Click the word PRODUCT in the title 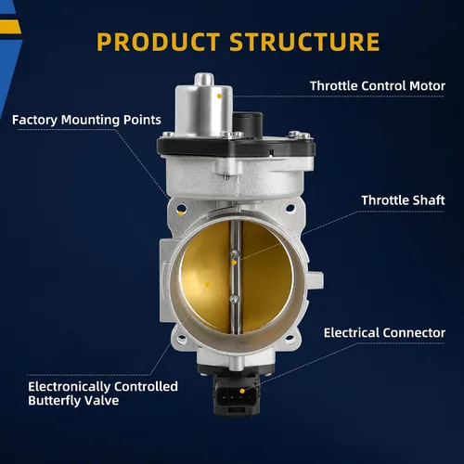point(158,42)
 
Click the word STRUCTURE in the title point(304,42)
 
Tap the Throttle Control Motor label point(378,86)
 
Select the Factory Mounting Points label point(86,120)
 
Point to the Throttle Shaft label point(403,200)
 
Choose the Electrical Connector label point(384,333)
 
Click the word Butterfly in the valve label point(55,401)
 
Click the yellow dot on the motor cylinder point(219,97)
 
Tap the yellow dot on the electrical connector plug point(242,392)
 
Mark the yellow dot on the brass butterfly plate point(208,284)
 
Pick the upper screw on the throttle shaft point(235,254)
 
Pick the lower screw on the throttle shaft point(234,299)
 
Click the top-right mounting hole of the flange point(290,208)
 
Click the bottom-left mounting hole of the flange point(182,338)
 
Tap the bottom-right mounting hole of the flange point(290,338)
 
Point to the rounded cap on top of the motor point(204,79)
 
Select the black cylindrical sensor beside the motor point(248,124)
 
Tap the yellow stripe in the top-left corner point(10,27)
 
